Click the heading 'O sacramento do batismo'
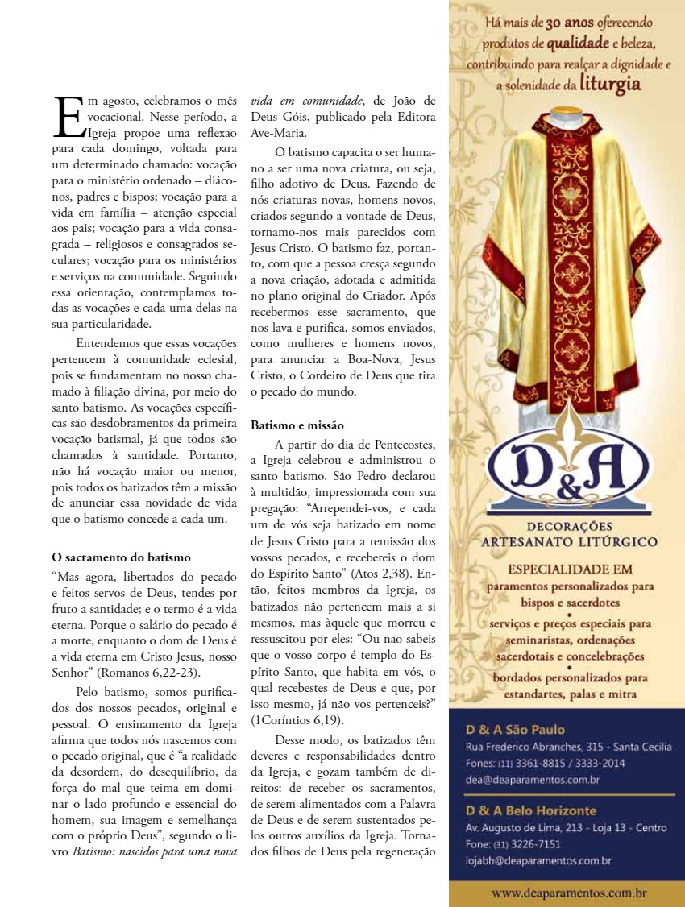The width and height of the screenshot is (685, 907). (121, 557)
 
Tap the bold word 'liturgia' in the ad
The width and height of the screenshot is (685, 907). (610, 84)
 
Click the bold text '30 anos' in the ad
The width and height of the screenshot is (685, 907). (571, 23)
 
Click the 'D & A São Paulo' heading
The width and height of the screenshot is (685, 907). (515, 730)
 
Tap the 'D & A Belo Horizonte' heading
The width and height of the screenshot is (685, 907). (531, 810)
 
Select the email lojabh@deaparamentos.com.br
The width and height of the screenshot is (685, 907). (538, 861)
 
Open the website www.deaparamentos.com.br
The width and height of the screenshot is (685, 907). (569, 893)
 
